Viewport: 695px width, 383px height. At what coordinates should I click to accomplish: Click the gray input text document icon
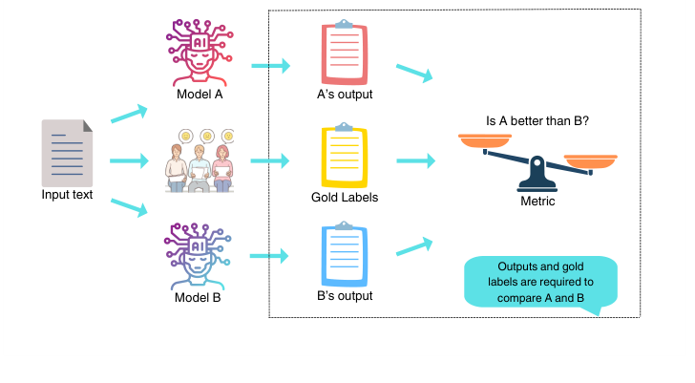pyautogui.click(x=67, y=153)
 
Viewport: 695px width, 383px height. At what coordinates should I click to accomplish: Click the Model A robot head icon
pyautogui.click(x=199, y=49)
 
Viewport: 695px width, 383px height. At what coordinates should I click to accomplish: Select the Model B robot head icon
pyautogui.click(x=199, y=253)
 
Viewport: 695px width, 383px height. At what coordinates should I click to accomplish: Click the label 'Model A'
pyautogui.click(x=199, y=95)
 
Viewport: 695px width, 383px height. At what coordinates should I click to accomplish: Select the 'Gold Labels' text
pyautogui.click(x=344, y=198)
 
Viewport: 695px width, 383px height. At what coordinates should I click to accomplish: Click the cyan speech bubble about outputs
pyautogui.click(x=540, y=283)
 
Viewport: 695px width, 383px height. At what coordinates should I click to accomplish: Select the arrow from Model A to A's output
pyautogui.click(x=271, y=66)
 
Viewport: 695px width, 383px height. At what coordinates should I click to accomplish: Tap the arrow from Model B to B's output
pyautogui.click(x=271, y=256)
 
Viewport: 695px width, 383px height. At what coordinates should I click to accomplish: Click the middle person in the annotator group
pyautogui.click(x=199, y=164)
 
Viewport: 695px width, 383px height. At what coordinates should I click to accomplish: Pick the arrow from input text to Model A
pyautogui.click(x=130, y=114)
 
